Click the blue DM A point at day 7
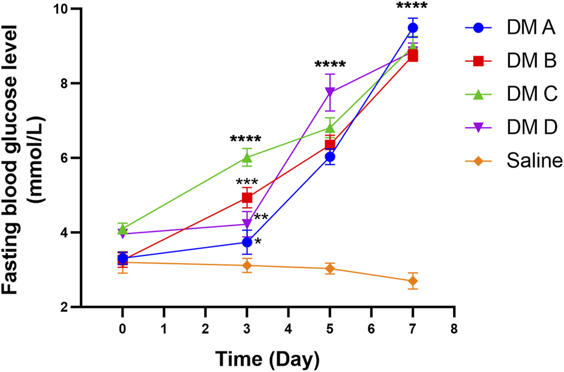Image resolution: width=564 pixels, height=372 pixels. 413,28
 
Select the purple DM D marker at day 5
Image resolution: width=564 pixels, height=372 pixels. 329,92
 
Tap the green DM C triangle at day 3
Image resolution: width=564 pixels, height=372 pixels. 247,157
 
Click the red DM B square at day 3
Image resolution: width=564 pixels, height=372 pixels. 247,197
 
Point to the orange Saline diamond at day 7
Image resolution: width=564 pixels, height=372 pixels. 413,281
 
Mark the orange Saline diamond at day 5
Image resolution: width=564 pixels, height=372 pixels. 329,268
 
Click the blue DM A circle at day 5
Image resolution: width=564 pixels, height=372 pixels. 329,157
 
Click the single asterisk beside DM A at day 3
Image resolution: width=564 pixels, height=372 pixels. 257,242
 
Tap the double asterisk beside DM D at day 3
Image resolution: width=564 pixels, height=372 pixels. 261,217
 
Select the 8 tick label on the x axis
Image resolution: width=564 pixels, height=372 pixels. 454,329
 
